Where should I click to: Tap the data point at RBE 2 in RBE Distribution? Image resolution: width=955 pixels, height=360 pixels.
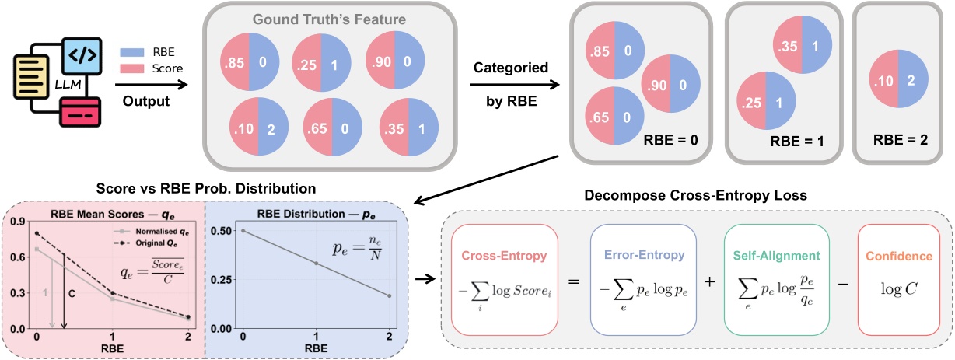point(388,318)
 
